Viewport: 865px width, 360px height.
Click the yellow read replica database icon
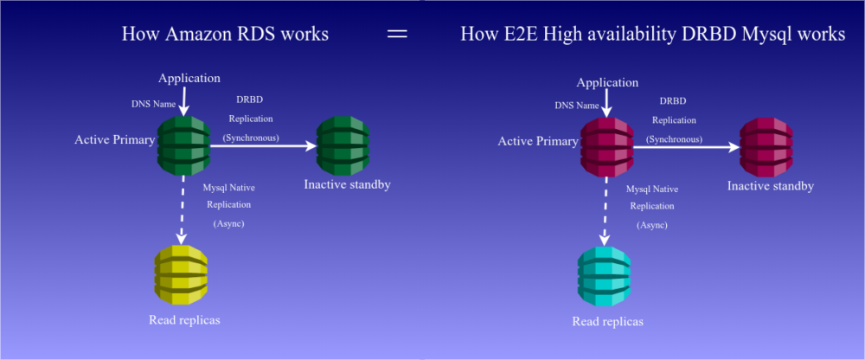(181, 274)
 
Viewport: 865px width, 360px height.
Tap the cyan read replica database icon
(604, 275)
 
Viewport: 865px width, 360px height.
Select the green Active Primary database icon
(183, 145)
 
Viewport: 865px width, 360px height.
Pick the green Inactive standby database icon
(343, 145)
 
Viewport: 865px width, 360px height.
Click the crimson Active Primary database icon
(607, 147)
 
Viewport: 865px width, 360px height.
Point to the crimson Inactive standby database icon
(766, 147)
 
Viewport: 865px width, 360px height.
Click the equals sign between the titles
(397, 35)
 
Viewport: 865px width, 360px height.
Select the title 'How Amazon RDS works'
(225, 35)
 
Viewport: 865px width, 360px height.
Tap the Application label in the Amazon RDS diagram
(189, 78)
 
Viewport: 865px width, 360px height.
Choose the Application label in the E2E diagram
(607, 83)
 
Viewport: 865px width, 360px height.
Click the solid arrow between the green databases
(264, 145)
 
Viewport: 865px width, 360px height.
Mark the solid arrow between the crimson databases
(687, 147)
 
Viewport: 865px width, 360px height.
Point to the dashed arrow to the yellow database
(181, 209)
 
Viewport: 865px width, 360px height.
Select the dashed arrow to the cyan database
(604, 211)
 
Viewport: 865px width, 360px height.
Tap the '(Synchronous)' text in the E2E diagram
(674, 139)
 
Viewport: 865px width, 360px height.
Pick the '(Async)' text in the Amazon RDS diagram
(229, 223)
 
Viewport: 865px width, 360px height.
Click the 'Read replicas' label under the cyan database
(607, 321)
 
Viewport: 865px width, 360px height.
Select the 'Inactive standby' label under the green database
(347, 184)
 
